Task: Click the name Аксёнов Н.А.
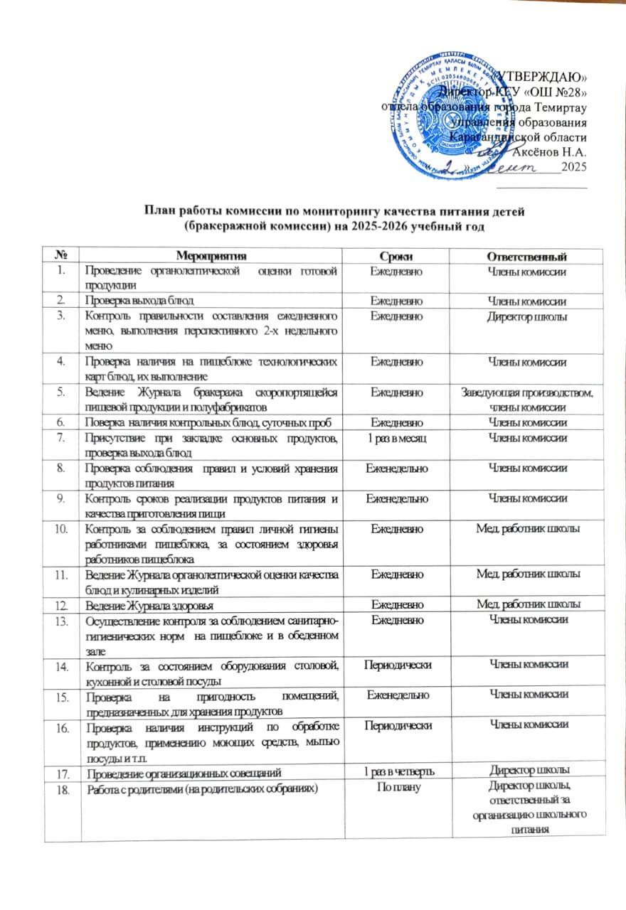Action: click(x=549, y=151)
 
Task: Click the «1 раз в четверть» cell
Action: click(x=397, y=771)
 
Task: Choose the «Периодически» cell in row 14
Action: click(x=397, y=665)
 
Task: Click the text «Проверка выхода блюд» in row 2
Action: click(x=139, y=301)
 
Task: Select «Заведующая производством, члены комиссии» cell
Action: click(x=526, y=400)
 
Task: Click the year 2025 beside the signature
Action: click(x=573, y=167)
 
